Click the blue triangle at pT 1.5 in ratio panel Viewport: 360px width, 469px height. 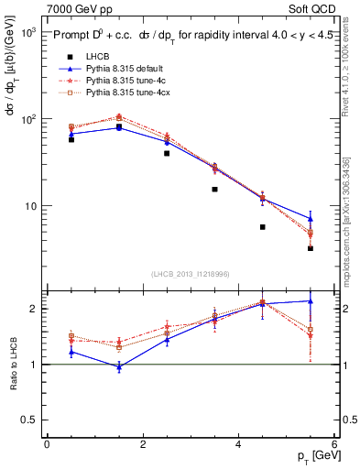coord(119,366)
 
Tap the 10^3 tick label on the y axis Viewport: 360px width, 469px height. coord(28,32)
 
